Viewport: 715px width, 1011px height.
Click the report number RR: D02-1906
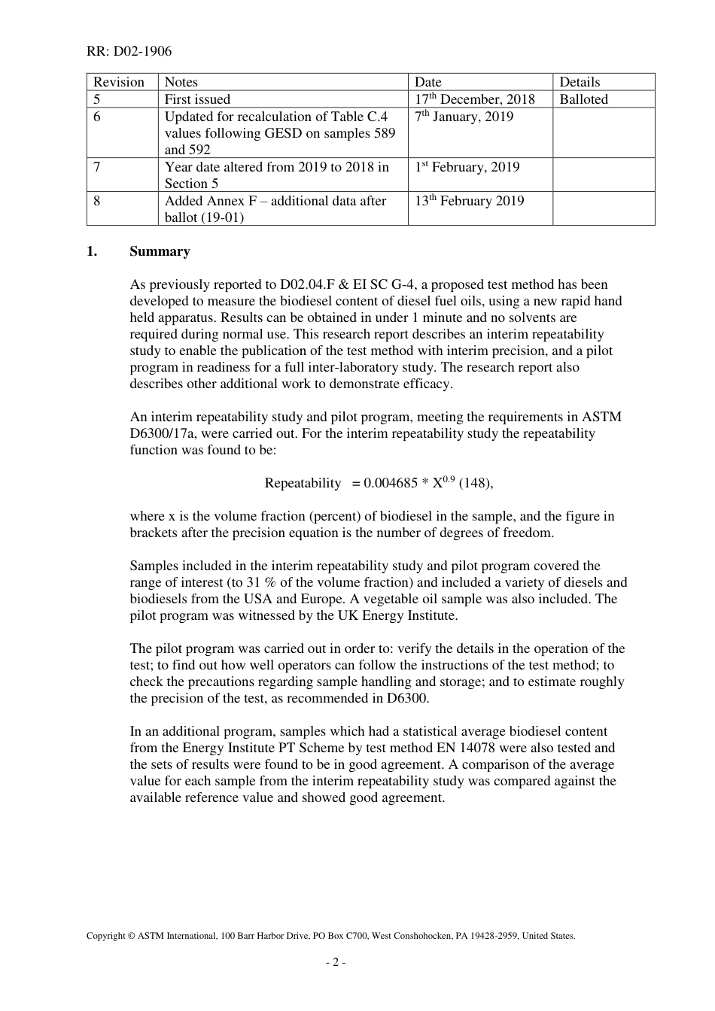(x=129, y=51)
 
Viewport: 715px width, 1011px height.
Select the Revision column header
(x=118, y=82)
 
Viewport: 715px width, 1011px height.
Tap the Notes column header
(x=181, y=82)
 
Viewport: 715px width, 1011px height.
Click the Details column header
(x=580, y=82)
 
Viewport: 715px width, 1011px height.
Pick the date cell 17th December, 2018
(x=475, y=99)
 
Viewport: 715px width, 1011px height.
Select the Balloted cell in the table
(x=583, y=99)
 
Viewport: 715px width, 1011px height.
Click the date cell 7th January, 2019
(x=464, y=117)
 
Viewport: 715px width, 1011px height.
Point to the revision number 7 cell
(x=97, y=167)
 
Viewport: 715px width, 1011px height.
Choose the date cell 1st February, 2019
(x=467, y=167)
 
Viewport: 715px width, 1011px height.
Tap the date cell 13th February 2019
(x=470, y=201)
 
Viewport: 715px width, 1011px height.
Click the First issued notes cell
(x=197, y=99)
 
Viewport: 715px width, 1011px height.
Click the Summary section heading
(x=160, y=251)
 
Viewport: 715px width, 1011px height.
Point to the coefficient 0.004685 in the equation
(x=391, y=484)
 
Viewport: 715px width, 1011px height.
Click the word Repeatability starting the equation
(x=303, y=484)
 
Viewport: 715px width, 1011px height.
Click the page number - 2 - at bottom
(x=336, y=962)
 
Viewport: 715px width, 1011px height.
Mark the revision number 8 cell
(x=97, y=201)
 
